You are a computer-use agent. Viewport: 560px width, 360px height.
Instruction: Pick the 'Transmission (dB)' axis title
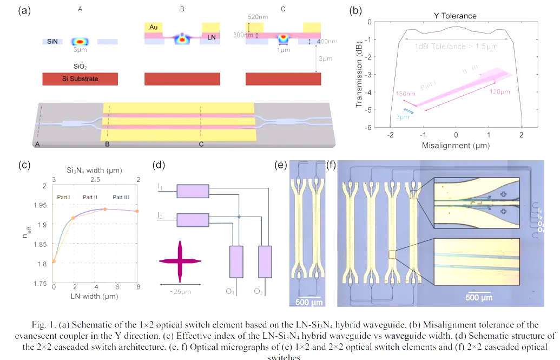point(359,75)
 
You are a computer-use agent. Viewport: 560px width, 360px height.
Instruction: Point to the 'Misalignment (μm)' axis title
point(456,146)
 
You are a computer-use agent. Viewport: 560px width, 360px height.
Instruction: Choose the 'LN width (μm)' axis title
point(94,297)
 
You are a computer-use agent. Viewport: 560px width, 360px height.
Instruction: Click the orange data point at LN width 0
point(54,261)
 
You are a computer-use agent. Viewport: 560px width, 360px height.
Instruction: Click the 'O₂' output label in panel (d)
point(260,292)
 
